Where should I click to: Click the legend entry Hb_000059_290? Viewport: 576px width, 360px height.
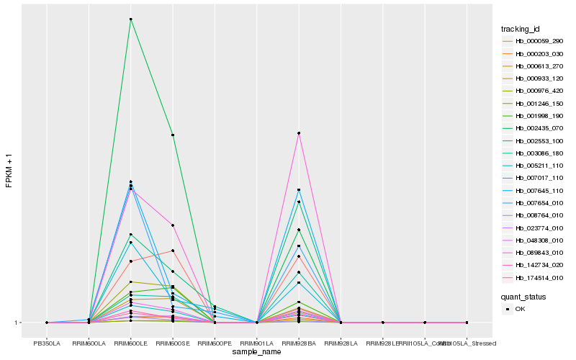point(534,42)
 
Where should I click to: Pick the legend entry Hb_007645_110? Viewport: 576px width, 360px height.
point(534,191)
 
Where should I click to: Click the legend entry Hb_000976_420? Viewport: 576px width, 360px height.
point(534,91)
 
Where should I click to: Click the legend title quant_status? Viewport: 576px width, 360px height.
point(523,297)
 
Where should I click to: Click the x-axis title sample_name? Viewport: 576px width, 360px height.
point(256,352)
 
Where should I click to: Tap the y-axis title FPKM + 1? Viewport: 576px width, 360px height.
point(9,171)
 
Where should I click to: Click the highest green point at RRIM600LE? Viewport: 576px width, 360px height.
point(130,19)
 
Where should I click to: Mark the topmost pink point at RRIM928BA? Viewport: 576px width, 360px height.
point(298,133)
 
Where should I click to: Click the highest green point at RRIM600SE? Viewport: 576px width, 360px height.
point(173,135)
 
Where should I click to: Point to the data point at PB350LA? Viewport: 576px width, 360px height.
point(47,323)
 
